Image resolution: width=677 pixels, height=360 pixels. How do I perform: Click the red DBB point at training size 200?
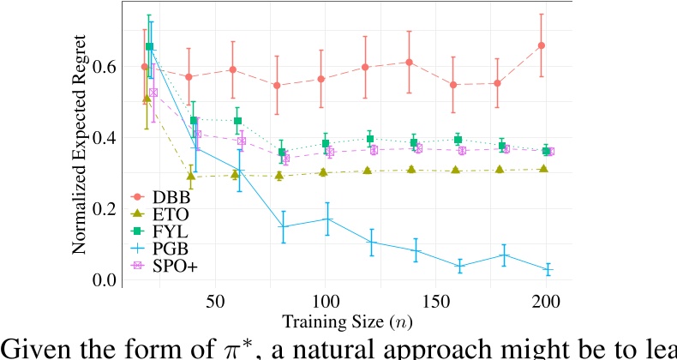[x=542, y=45]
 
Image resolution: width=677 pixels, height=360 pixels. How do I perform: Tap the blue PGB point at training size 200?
[x=542, y=270]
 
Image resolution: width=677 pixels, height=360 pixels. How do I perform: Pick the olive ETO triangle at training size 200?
[x=542, y=169]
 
